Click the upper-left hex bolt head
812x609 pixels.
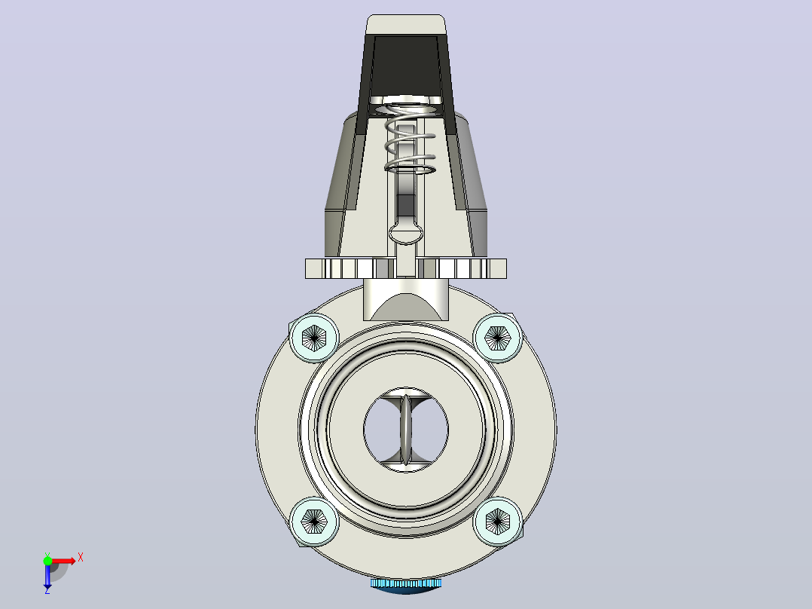(x=314, y=338)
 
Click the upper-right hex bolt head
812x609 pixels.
(x=498, y=338)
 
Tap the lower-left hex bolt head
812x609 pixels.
(x=314, y=522)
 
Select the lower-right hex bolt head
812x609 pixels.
(x=498, y=522)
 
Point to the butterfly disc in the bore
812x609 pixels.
(x=406, y=429)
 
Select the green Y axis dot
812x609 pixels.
(x=47, y=561)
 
